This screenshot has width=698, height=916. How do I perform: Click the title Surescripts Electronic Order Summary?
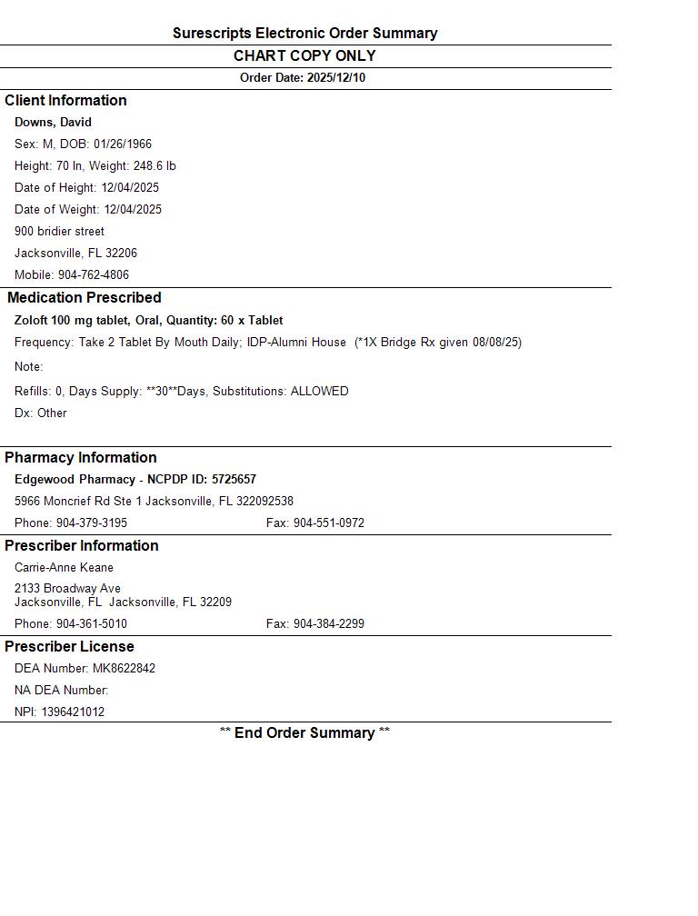click(304, 34)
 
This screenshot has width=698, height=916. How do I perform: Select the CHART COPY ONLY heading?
click(304, 55)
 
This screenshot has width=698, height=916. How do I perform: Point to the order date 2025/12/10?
click(336, 78)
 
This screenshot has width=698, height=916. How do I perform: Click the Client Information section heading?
click(65, 101)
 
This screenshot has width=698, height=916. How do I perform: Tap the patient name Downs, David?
click(53, 123)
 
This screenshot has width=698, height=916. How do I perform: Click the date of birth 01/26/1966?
click(123, 144)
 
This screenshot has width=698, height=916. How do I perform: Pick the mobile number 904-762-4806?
click(94, 275)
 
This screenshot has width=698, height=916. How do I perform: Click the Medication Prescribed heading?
click(85, 298)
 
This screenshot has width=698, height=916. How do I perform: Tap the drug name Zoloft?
click(32, 321)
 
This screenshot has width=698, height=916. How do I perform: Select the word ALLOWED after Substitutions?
click(319, 392)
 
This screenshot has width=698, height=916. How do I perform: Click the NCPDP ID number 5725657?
click(234, 480)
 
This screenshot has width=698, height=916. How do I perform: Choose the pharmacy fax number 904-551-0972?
click(328, 523)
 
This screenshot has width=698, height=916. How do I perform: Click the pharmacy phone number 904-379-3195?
click(92, 523)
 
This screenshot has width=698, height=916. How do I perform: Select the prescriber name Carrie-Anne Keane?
click(64, 568)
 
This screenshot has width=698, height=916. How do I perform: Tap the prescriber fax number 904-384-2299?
click(328, 624)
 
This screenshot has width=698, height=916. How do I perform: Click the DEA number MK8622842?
click(124, 669)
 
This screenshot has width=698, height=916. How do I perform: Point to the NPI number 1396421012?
click(73, 712)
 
